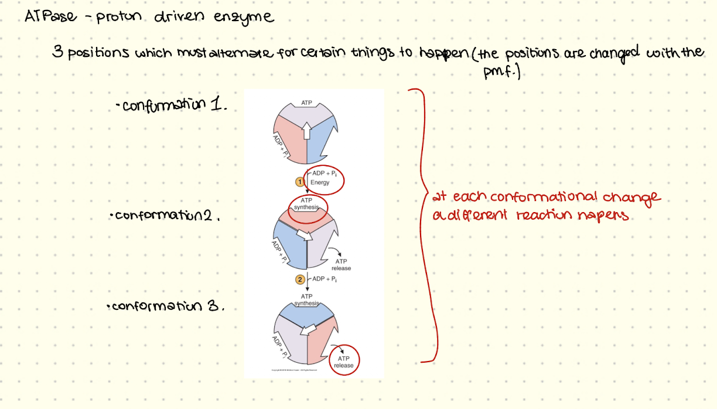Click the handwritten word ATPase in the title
[51, 16]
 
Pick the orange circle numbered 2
[301, 280]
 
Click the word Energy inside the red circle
[320, 183]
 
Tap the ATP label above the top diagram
[306, 103]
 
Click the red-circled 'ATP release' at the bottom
[343, 362]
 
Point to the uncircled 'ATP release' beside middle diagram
[341, 265]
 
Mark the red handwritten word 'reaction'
[545, 216]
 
